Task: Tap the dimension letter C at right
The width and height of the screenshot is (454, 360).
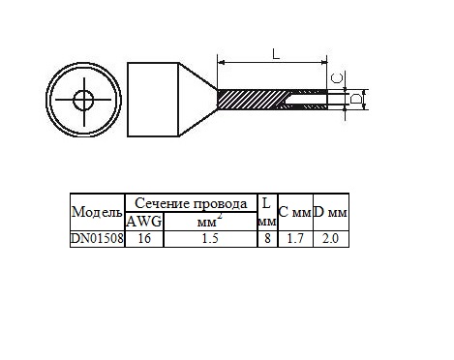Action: pos(334,76)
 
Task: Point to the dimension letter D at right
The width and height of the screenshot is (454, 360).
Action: pos(356,99)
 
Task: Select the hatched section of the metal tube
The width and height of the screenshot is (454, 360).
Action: pos(250,99)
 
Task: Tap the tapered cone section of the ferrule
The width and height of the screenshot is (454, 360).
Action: pos(199,99)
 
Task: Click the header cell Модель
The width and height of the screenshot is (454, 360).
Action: pos(97,212)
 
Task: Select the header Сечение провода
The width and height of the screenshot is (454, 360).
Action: pos(190,203)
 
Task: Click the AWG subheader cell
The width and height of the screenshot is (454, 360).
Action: pos(144,222)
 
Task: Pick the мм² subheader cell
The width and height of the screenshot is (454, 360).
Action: pos(209,222)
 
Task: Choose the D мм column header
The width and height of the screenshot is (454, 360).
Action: pos(332,212)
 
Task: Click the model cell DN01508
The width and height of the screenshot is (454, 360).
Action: pos(97,238)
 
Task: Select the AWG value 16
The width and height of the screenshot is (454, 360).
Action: pos(144,238)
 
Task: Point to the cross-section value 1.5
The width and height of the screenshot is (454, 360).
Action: pos(209,238)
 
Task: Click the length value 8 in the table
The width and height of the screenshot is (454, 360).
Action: pos(266,238)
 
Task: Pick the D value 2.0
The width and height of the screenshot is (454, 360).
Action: pos(332,238)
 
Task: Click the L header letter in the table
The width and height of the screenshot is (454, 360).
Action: pos(266,203)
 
